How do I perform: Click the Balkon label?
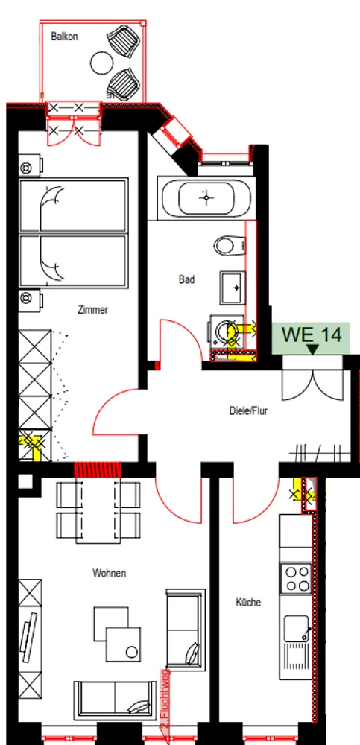click(x=65, y=37)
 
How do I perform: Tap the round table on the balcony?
click(x=102, y=63)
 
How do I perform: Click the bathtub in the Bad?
click(x=206, y=198)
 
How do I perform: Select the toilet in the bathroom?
click(x=230, y=246)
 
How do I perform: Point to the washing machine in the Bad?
click(x=224, y=332)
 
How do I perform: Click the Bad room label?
click(x=186, y=280)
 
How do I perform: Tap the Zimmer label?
click(x=92, y=310)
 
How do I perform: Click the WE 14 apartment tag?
click(x=312, y=335)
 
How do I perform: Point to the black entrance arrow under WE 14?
click(x=312, y=349)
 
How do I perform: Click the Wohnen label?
click(x=110, y=574)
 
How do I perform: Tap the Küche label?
click(x=248, y=603)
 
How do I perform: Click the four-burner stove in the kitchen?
click(x=295, y=578)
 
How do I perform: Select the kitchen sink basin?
click(x=296, y=627)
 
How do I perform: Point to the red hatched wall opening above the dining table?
click(x=98, y=469)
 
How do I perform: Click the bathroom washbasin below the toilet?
click(x=233, y=288)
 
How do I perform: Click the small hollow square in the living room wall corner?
click(x=25, y=481)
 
